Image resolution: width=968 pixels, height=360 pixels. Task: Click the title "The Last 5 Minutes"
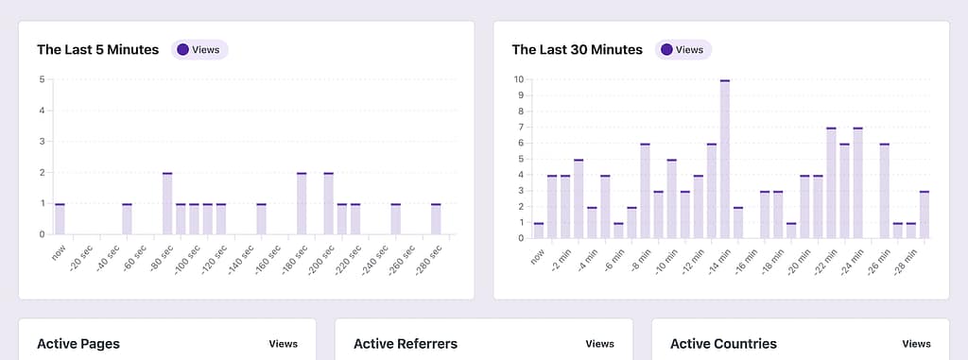click(x=97, y=49)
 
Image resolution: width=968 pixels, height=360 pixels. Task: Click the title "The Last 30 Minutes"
click(x=577, y=49)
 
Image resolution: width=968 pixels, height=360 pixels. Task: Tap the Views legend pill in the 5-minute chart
click(x=200, y=49)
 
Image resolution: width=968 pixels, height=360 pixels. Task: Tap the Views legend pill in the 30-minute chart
click(x=683, y=49)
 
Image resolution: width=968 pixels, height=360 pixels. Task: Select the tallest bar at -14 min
click(x=724, y=159)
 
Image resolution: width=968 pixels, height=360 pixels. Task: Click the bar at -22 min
click(x=831, y=182)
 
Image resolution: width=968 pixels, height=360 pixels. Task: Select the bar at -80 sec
click(x=167, y=203)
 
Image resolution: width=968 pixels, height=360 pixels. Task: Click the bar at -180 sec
click(x=302, y=203)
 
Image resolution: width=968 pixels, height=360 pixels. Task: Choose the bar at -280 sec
click(x=436, y=219)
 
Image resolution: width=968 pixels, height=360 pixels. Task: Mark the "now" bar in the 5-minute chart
click(x=60, y=219)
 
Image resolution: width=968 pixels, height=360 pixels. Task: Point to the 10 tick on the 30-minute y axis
click(x=518, y=79)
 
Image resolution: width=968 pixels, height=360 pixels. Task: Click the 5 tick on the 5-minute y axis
click(x=42, y=79)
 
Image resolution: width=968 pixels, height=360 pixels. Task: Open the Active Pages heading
click(x=78, y=344)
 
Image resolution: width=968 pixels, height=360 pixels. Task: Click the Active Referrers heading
click(x=406, y=344)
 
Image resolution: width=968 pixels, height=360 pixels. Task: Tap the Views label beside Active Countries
click(x=916, y=344)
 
